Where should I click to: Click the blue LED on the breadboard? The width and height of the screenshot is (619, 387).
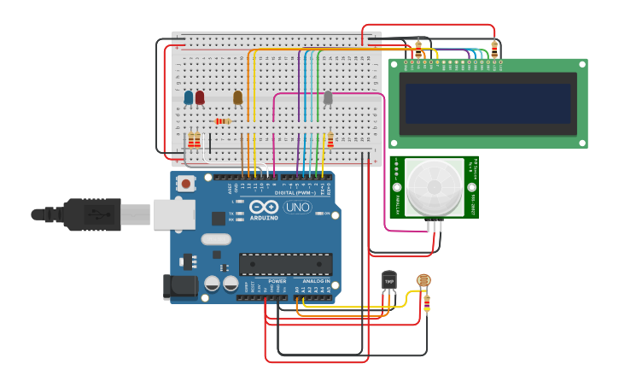[189, 97]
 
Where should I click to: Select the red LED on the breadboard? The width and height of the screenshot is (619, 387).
[200, 97]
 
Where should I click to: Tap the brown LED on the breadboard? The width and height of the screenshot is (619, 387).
[238, 97]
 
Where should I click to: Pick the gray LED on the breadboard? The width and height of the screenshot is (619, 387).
[328, 97]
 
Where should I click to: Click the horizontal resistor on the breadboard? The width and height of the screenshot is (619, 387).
[223, 121]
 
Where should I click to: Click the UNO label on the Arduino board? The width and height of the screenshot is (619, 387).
[298, 207]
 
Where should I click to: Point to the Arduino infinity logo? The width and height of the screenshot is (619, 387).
[264, 207]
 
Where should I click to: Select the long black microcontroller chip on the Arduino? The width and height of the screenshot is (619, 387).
[285, 265]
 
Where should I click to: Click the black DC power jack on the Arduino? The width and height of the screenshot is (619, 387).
[180, 287]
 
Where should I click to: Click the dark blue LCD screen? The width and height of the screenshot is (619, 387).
[488, 103]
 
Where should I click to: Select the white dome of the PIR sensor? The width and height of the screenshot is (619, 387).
[435, 186]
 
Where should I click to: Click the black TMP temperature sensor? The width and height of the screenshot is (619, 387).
[389, 281]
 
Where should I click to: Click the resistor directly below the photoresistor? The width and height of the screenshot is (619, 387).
[427, 302]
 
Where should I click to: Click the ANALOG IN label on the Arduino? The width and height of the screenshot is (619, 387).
[316, 281]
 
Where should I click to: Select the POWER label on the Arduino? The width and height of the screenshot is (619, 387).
[277, 281]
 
